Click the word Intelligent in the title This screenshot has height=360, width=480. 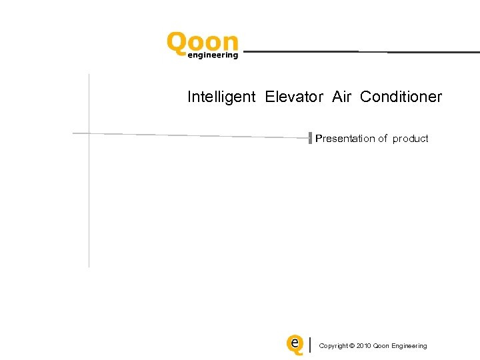click(221, 97)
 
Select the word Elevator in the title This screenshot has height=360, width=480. click(294, 97)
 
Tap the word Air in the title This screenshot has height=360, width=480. click(341, 97)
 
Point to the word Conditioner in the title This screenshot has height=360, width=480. click(401, 97)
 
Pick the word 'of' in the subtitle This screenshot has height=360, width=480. click(383, 139)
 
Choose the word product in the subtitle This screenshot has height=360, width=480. click(410, 139)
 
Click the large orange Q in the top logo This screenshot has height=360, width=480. click(177, 45)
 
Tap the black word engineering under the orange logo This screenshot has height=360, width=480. click(213, 56)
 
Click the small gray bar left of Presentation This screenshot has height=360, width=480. click(310, 138)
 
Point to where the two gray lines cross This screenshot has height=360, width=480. click(89, 133)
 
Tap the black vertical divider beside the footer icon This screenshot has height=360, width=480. click(311, 345)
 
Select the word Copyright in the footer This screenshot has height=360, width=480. click(333, 346)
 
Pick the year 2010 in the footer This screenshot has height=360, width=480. click(364, 346)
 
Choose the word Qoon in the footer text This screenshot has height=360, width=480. click(382, 346)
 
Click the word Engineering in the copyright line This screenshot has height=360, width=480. click(410, 346)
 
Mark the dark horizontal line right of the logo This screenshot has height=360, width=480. click(360, 51)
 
